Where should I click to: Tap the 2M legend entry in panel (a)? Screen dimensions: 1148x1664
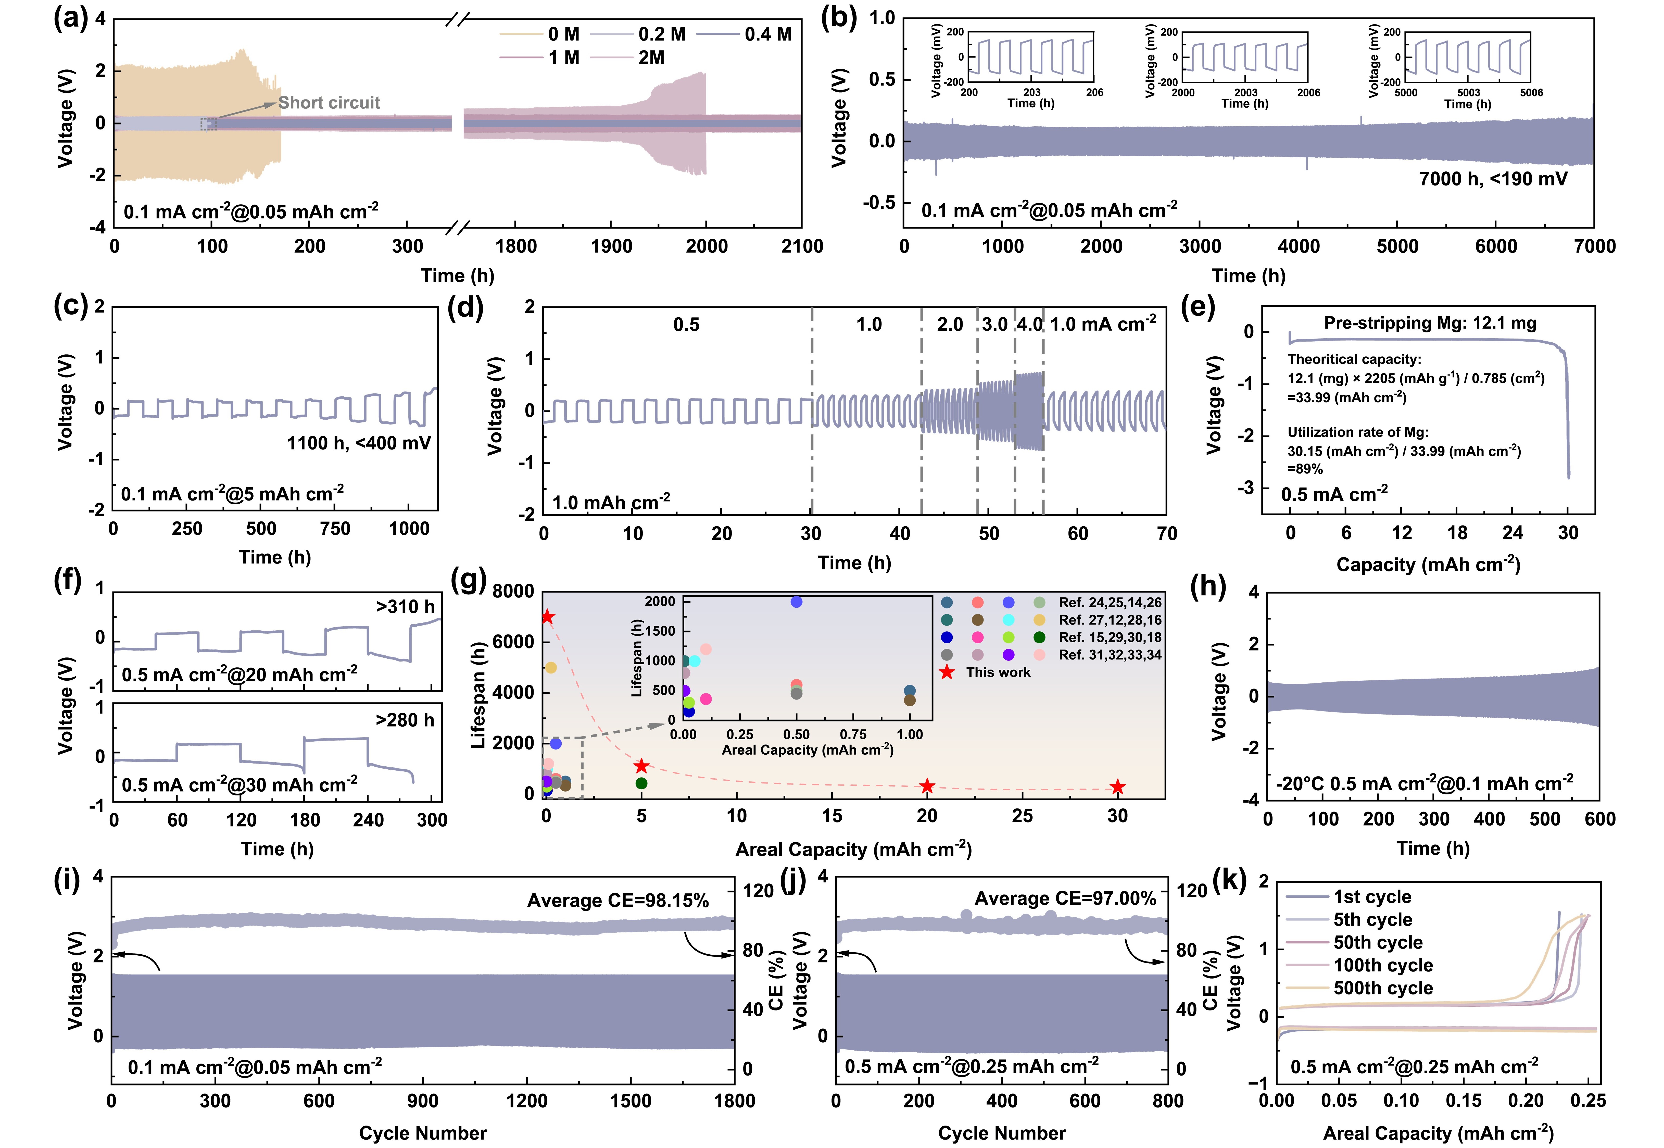(x=651, y=58)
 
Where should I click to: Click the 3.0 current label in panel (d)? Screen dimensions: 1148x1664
(x=994, y=325)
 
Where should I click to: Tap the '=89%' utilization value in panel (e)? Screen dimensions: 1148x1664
(x=1305, y=469)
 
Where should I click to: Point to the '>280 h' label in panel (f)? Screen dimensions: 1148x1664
(x=405, y=720)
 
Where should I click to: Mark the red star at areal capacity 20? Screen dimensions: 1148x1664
(x=927, y=786)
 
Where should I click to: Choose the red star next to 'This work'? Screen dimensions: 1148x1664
(x=947, y=672)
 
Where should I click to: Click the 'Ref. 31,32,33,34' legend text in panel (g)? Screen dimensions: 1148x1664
(x=1110, y=655)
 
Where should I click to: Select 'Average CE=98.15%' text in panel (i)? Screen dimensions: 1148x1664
(x=618, y=901)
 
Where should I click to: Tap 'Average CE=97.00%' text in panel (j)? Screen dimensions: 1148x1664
(x=1065, y=899)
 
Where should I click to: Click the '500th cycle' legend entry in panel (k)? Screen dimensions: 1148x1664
(x=1382, y=988)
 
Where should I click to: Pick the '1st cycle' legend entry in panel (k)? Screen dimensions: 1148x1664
(x=1371, y=897)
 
